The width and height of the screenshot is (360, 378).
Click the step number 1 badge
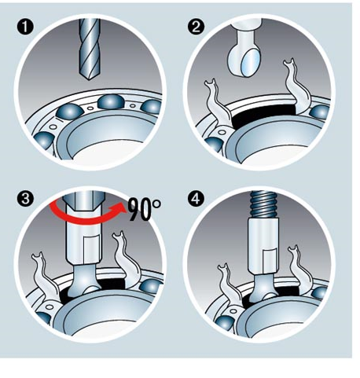[25, 27]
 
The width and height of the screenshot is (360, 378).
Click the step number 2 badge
[196, 27]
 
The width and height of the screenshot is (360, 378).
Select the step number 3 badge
[25, 199]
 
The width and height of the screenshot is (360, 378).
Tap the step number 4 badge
[196, 199]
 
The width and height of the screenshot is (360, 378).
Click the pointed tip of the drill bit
[90, 79]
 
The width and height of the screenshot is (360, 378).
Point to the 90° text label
[145, 209]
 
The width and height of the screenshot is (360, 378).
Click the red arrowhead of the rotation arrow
[119, 208]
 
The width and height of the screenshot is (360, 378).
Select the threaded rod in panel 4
[263, 204]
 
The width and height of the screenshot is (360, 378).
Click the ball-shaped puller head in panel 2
[245, 57]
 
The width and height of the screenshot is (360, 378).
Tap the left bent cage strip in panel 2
[216, 102]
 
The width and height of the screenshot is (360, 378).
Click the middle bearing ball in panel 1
[111, 101]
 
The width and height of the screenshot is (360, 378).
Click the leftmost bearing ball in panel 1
[43, 141]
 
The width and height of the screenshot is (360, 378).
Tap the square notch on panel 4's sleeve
[270, 257]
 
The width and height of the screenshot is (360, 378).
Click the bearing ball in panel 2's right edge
[320, 112]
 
